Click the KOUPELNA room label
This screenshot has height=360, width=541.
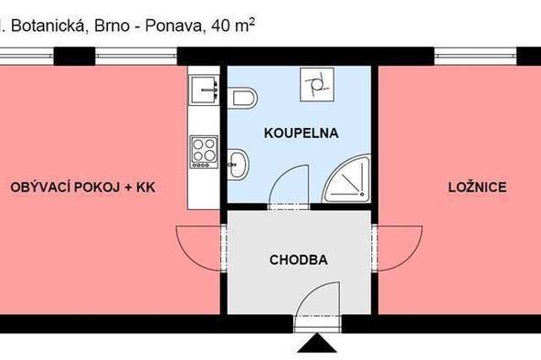(301, 133)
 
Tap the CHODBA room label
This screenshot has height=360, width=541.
(299, 259)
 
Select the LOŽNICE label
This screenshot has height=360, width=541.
(477, 187)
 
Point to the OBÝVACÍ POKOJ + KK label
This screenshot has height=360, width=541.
(83, 187)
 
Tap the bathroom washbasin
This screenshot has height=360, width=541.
(239, 164)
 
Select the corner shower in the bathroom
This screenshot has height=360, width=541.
(346, 178)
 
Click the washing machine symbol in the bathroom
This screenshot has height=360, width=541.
(317, 84)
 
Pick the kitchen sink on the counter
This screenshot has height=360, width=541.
(204, 90)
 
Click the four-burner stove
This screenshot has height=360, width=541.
(204, 152)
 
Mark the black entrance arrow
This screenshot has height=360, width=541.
(317, 344)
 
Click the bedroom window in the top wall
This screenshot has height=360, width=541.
(475, 57)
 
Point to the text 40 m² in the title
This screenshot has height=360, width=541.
(234, 26)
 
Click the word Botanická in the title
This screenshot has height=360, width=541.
(48, 26)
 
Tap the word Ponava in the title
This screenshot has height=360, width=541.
(174, 26)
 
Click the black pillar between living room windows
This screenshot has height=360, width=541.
(74, 57)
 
